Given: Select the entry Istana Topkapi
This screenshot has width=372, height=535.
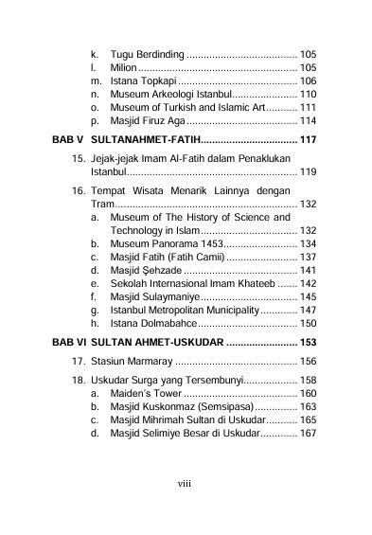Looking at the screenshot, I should [141, 81].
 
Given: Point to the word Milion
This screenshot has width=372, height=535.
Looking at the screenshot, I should [124, 68].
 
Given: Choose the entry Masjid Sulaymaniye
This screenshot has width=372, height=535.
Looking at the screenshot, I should [157, 296].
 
